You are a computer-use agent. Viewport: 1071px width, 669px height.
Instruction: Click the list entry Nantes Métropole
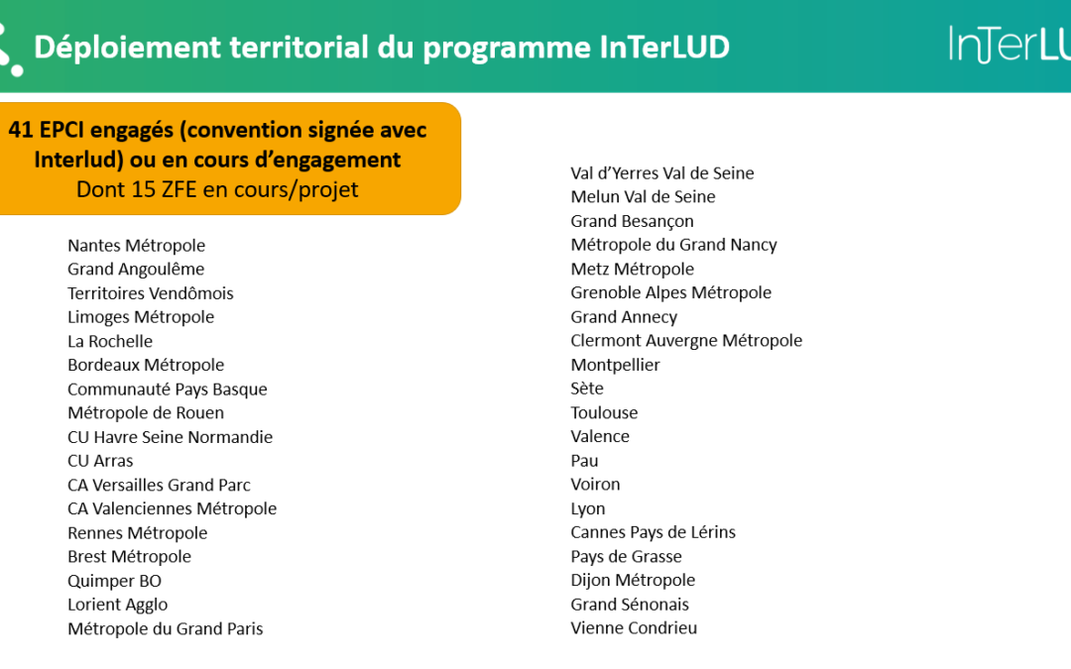137,246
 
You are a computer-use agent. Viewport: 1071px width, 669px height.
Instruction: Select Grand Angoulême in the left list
136,270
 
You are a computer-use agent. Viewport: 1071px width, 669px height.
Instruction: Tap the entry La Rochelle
110,341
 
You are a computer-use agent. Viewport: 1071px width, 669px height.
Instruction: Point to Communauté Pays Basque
168,390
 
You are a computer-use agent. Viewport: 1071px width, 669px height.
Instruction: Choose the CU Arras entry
100,461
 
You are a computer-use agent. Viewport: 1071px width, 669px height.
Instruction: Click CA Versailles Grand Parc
159,485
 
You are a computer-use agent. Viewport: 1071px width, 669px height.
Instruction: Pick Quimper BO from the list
115,581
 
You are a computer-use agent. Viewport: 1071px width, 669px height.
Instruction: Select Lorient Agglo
117,605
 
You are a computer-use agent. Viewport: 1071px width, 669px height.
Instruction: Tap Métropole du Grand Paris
166,628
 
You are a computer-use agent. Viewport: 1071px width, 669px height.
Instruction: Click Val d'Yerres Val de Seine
662,173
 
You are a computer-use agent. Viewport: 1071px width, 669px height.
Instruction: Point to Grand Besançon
633,221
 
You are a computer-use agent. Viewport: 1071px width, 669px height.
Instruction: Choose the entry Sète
587,389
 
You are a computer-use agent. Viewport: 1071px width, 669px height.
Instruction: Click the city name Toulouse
605,412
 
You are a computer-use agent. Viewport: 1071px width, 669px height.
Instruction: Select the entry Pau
585,461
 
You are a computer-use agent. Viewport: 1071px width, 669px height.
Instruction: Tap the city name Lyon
588,508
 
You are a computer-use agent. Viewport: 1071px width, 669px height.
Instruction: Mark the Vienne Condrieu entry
634,628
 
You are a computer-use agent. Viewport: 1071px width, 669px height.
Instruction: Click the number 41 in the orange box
21,130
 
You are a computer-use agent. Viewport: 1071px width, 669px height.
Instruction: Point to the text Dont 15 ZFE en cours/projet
217,189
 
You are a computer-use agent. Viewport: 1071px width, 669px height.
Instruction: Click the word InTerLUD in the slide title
664,48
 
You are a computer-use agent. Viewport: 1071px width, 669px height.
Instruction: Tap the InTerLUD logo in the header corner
1010,44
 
